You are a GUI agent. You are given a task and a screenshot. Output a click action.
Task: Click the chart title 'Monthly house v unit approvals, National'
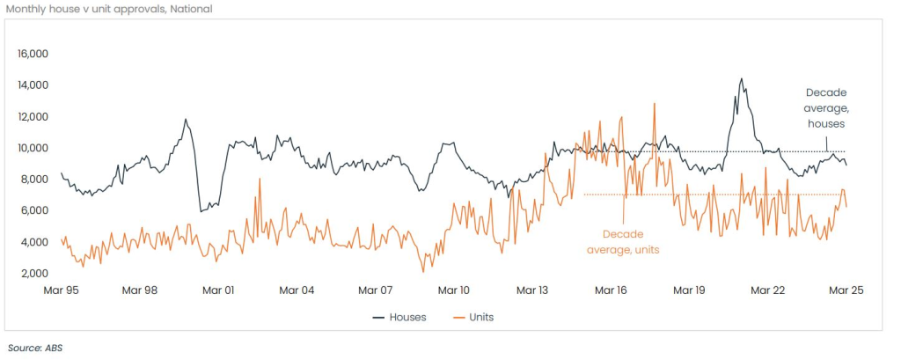coord(109,10)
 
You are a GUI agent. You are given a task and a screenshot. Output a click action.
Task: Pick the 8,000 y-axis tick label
coord(33,180)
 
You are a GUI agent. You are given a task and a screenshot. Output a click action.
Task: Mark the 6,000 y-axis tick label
coord(33,210)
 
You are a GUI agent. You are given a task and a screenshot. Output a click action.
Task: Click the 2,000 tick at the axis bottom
coord(33,273)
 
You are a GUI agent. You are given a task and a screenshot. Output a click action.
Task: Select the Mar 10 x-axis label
coord(454,290)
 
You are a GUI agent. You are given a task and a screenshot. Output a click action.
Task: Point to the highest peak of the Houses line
coord(741,79)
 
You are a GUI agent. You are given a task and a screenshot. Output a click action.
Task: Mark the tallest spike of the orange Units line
coord(654,104)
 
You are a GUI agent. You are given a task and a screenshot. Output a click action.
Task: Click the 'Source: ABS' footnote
coord(35,348)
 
